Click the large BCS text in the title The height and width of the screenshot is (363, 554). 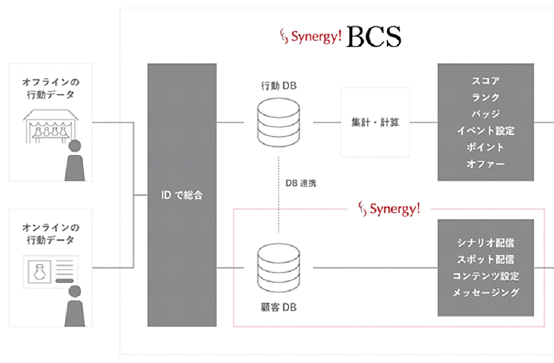373,37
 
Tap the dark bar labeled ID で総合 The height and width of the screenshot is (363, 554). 181,195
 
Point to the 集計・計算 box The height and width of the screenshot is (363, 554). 371,122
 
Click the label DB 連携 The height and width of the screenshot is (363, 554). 301,183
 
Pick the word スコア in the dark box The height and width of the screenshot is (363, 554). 485,81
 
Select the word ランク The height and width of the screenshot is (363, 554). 485,97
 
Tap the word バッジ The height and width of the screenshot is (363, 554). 485,114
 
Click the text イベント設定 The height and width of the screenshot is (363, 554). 485,131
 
